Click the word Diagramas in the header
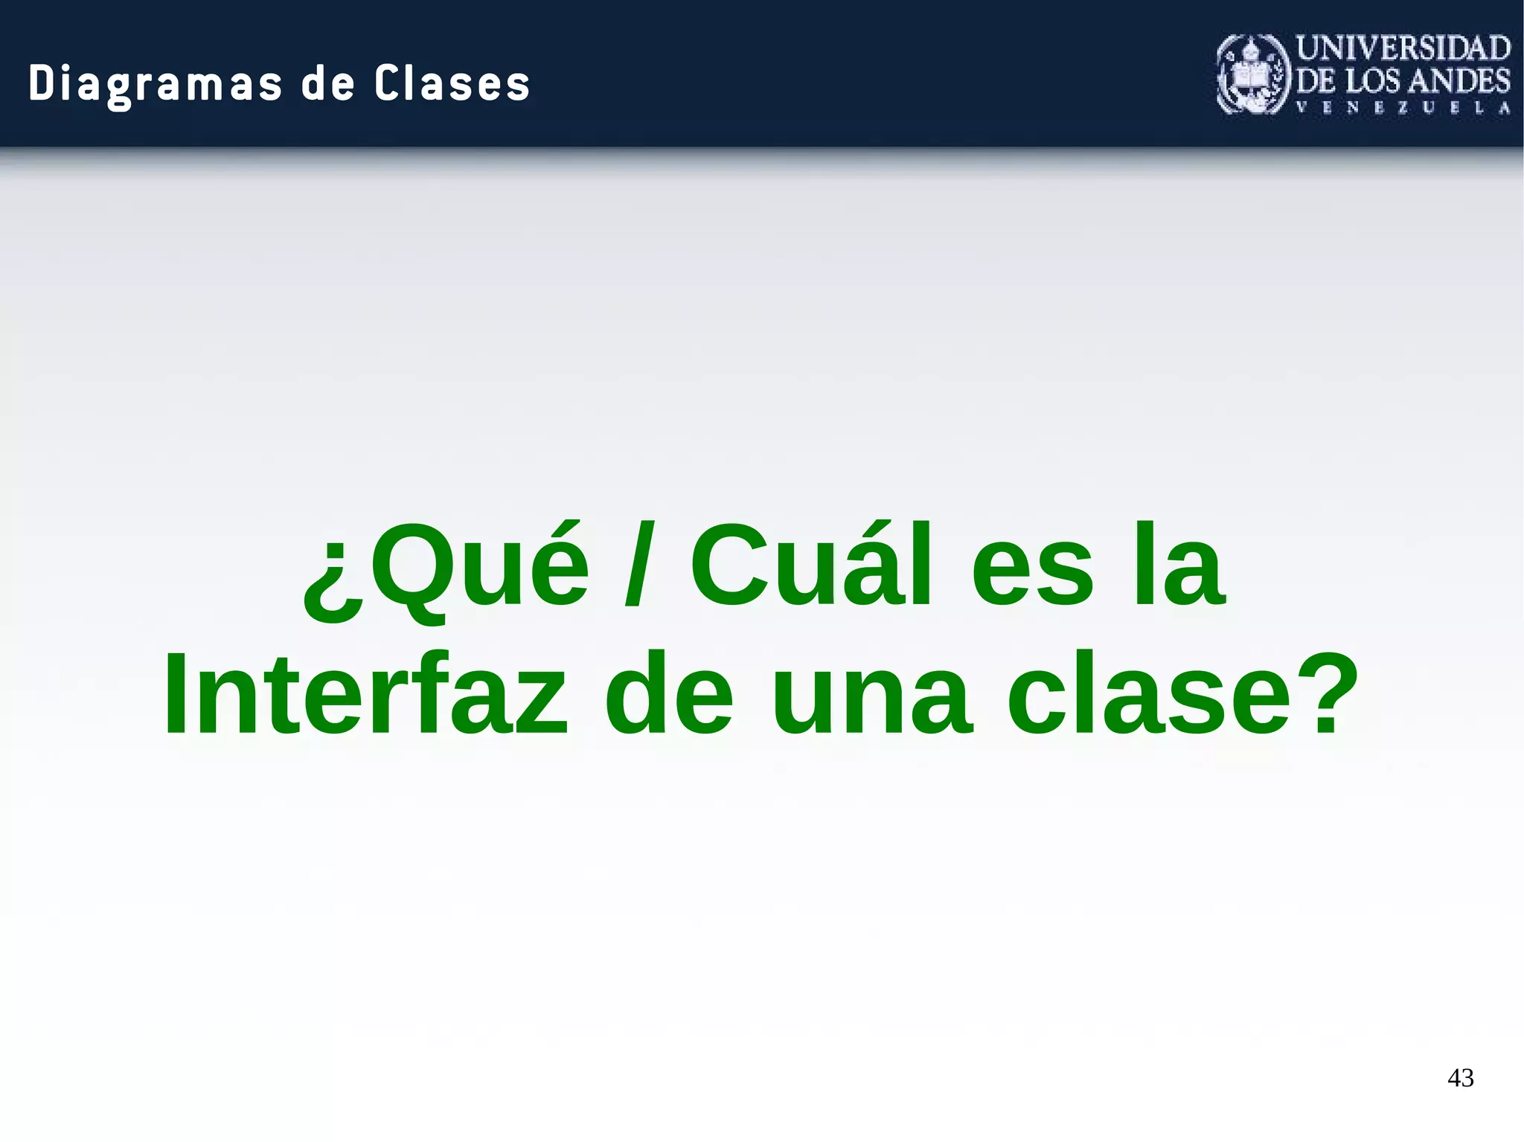tap(156, 83)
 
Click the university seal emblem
tap(1253, 74)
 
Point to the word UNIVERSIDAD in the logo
tap(1403, 48)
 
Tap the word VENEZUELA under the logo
tap(1403, 108)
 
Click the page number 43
tap(1461, 1077)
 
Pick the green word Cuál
tap(811, 565)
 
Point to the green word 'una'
tap(871, 696)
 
